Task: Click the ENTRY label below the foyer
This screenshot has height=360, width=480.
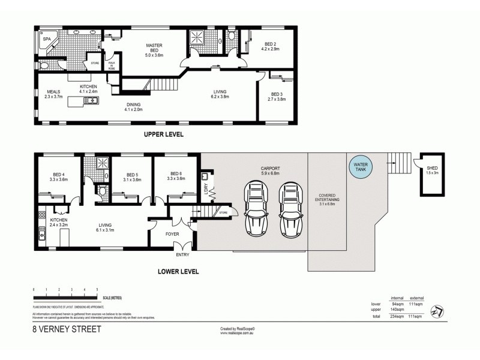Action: [x=182, y=255]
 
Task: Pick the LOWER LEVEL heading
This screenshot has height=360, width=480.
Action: [x=178, y=271]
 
